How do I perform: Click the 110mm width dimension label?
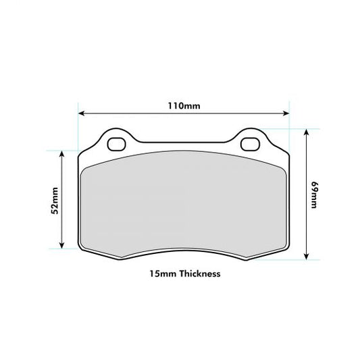tap(184, 105)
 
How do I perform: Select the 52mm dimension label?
tap(55, 200)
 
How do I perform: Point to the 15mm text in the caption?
tap(160, 274)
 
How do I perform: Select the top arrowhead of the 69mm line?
tap(308, 132)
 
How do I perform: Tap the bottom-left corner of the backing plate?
tap(83, 250)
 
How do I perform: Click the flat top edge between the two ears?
tap(183, 143)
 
